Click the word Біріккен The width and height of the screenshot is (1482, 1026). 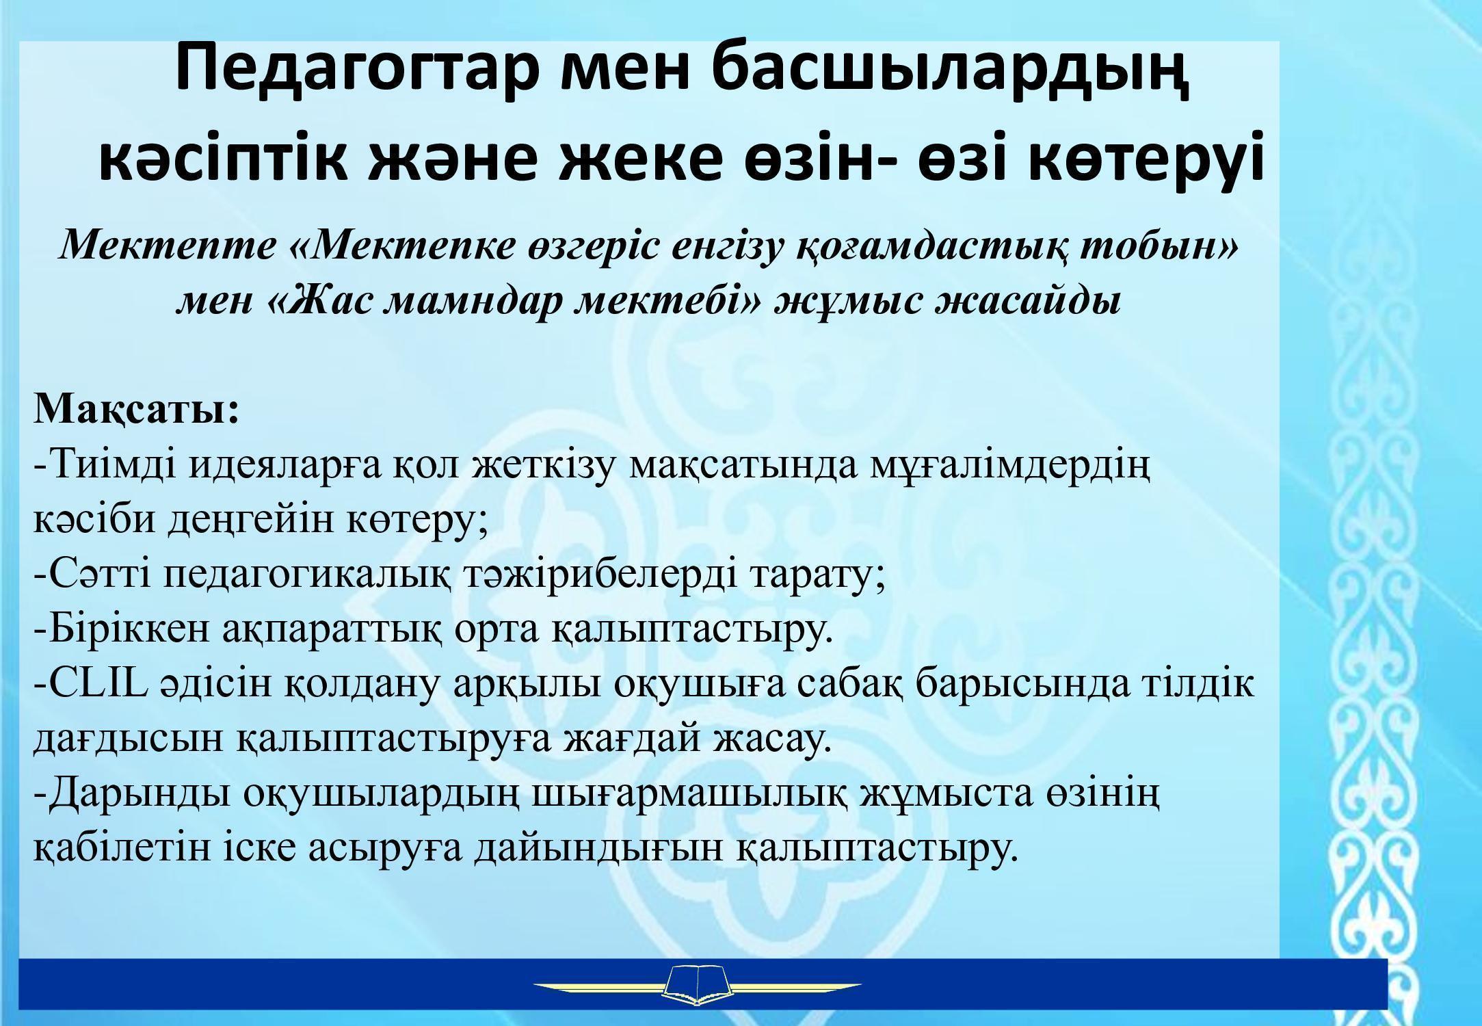click(130, 630)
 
